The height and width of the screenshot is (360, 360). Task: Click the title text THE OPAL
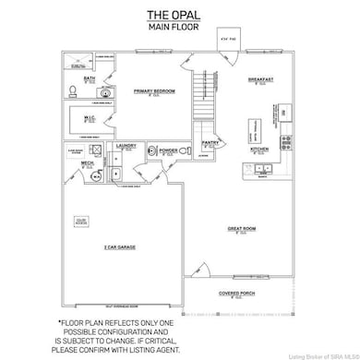point(181,16)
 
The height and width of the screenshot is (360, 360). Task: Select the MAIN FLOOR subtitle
point(181,27)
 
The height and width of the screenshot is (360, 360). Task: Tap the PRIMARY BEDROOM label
point(153,90)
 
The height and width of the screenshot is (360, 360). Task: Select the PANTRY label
point(208,143)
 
